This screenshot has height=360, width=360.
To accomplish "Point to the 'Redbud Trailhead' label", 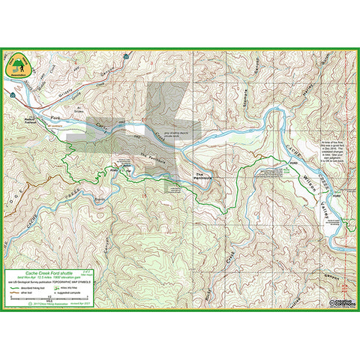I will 31,119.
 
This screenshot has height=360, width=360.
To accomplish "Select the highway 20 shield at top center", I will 130,55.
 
